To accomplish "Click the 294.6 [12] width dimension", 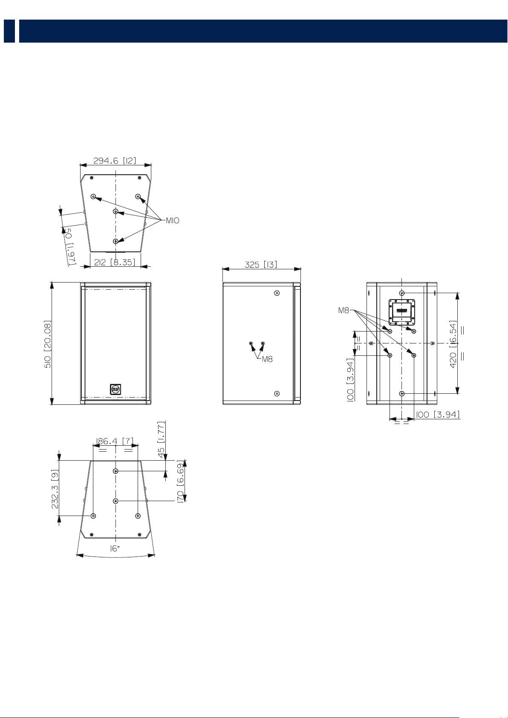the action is tap(115, 160).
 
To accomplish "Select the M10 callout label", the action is tap(173, 221).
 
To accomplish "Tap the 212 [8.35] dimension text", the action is tap(115, 262).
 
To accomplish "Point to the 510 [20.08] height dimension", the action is tap(48, 344).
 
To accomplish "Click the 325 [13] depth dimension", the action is tap(261, 265).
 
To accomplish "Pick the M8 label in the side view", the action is tap(267, 359).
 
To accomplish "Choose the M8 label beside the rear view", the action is tap(343, 310).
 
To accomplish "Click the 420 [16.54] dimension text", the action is tap(453, 344).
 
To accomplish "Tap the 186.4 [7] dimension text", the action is tap(115, 441).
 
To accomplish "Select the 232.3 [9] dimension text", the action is tap(55, 489).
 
